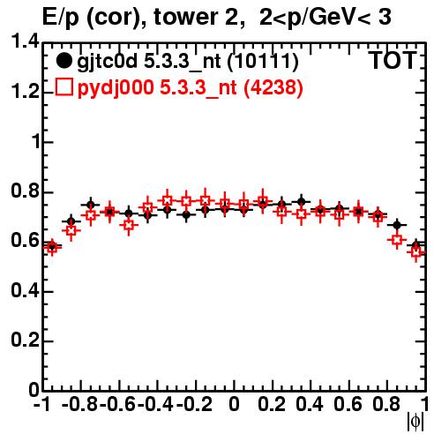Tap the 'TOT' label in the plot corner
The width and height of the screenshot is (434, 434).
pos(393,61)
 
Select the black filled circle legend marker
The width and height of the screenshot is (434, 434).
pos(64,61)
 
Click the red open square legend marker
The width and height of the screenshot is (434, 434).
pos(64,87)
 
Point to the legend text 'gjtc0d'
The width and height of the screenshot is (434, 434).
pos(107,63)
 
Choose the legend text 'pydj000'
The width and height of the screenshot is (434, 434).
pos(116,88)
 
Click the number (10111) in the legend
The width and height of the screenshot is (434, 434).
pos(263,62)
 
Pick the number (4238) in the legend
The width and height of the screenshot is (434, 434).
pos(273,88)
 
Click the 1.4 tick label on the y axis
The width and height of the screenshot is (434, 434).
pos(25,41)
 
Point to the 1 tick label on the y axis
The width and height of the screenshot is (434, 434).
pos(36,142)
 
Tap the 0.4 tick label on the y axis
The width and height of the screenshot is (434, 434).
pos(25,291)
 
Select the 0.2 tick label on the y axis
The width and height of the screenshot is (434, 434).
pos(25,340)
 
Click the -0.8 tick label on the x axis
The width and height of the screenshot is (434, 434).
pos(80,404)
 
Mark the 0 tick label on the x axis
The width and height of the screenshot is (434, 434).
pos(234,404)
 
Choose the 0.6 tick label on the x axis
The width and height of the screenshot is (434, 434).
pos(348,404)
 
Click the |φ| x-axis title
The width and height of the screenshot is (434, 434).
pos(415,422)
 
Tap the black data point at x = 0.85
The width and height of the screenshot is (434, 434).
pos(397,225)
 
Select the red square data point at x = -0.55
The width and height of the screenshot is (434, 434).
pos(129,226)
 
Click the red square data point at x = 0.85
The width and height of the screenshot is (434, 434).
pos(397,240)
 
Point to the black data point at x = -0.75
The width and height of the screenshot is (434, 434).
pos(91,205)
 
